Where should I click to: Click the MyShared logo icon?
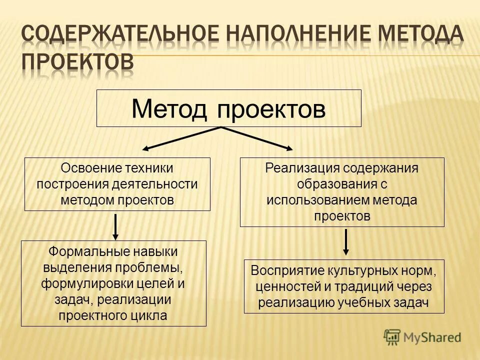tap(392, 337)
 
